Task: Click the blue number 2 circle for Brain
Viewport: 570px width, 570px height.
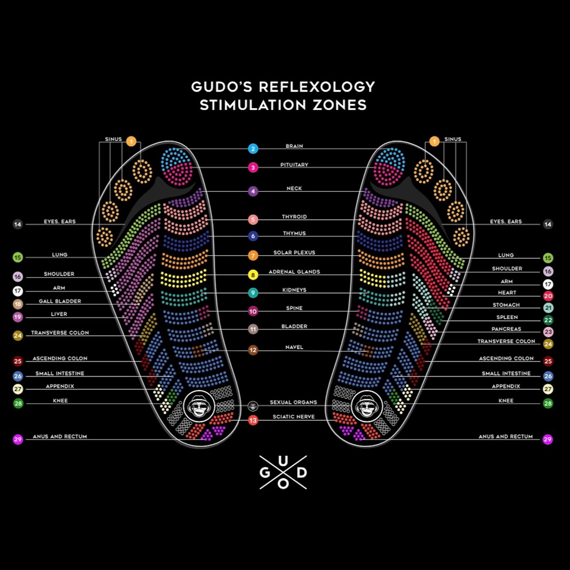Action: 253,149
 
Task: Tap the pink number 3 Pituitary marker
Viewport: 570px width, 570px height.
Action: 253,167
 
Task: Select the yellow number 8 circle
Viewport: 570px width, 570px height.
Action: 253,275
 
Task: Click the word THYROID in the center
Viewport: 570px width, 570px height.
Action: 294,217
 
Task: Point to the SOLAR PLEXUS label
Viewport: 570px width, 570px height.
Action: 294,252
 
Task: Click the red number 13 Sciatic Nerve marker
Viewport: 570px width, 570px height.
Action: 253,420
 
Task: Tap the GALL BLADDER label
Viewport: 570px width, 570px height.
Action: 60,301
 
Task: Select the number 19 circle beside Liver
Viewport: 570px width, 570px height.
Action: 18,317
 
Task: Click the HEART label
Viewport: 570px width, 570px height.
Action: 507,293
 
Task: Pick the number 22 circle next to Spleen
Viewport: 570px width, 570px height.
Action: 548,320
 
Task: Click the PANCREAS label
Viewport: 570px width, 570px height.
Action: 506,329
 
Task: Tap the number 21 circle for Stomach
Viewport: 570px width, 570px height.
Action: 548,308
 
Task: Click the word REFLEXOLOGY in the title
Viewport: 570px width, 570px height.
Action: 317,87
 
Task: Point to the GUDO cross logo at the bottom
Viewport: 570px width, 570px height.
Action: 283,472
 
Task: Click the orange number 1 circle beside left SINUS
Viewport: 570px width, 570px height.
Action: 131,142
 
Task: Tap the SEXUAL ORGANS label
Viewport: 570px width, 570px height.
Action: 293,402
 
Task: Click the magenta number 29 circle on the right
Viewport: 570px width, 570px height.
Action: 548,440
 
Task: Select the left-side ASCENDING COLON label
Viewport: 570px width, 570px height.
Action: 60,358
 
